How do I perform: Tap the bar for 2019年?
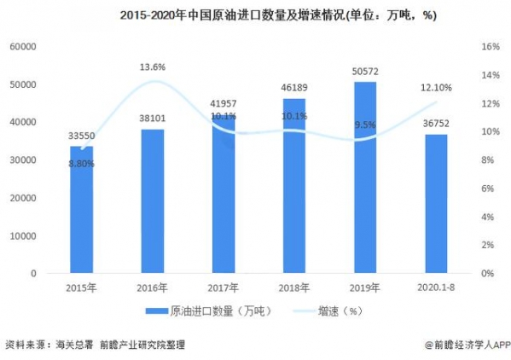365,177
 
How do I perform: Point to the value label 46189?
294,88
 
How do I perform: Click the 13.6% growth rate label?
154,66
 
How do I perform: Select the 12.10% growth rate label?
436,88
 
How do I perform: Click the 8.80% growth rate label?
82,164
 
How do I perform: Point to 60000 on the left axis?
23,47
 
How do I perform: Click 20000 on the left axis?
23,198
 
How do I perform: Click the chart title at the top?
255,15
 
